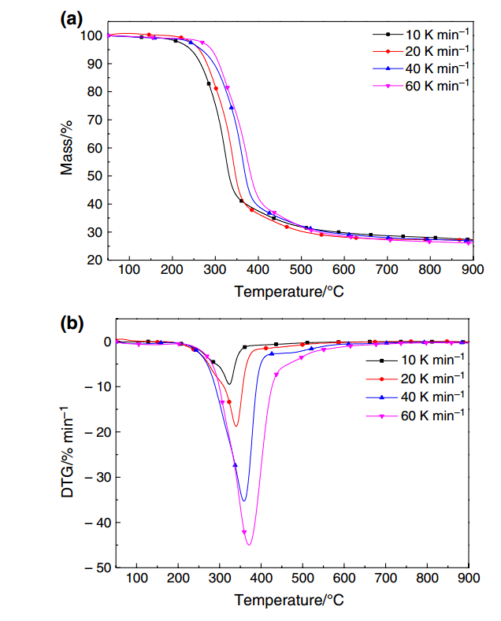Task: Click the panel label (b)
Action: pos(72,322)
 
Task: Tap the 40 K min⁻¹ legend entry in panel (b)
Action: pos(433,396)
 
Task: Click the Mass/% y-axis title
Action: pos(68,147)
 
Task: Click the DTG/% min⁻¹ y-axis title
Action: pos(68,453)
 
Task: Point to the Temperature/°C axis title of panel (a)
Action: pos(289,291)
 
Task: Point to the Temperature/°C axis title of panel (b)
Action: pos(289,600)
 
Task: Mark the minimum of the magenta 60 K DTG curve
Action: pos(249,545)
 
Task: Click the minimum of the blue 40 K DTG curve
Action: pos(243,501)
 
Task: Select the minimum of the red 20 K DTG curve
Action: pos(235,427)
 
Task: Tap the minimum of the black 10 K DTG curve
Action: pos(229,384)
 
